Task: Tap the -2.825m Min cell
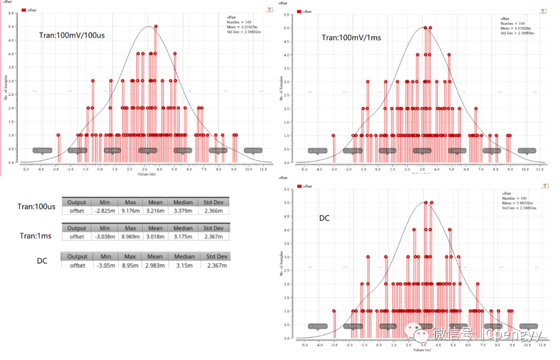pos(105,211)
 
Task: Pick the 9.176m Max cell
pos(130,211)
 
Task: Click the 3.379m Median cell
pos(183,211)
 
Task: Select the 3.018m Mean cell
pos(155,237)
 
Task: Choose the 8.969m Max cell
pos(130,237)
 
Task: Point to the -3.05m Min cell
pos(106,265)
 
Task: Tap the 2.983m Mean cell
pos(155,265)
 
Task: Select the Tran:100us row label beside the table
pos(36,206)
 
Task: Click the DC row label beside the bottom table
pos(42,260)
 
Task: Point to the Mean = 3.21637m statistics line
pos(240,27)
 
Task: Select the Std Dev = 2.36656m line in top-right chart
pos(517,33)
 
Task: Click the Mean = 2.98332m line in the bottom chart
pos(516,202)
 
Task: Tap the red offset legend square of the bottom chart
pos(299,186)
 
